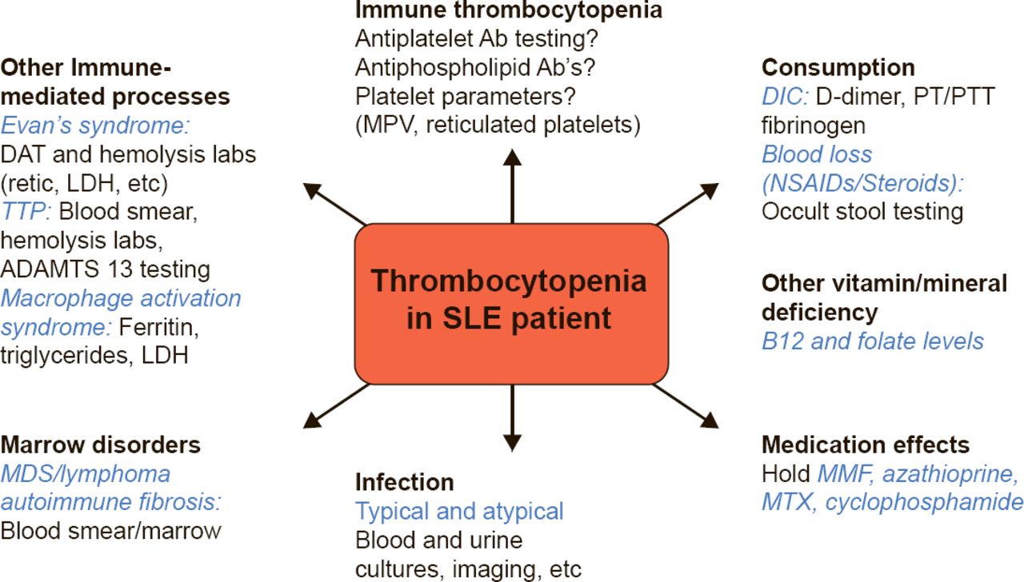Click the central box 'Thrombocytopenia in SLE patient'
click(511, 302)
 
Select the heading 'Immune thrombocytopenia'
click(509, 10)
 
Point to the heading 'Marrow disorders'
click(101, 444)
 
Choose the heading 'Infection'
click(405, 482)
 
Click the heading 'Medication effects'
click(866, 444)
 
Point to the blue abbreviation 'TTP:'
click(26, 212)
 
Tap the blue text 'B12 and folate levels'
click(873, 341)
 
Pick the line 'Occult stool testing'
click(862, 211)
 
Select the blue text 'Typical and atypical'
click(460, 511)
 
